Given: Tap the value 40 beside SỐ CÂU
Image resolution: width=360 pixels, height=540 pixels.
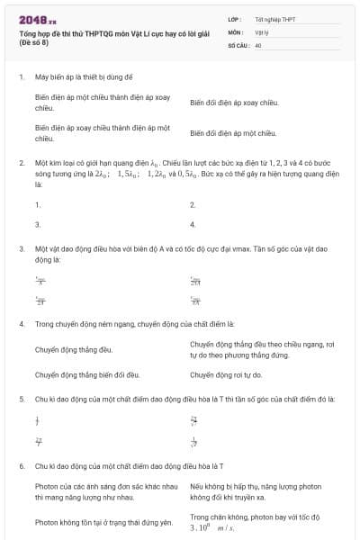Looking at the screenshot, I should click(258, 43).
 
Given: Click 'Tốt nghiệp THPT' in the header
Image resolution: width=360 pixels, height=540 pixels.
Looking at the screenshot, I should click(274, 18).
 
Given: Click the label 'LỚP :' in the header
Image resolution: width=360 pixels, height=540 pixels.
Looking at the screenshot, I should click(236, 18).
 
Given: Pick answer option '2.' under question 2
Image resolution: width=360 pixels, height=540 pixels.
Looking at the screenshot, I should click(193, 204).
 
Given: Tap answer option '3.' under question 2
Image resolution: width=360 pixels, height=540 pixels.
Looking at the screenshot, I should click(38, 223).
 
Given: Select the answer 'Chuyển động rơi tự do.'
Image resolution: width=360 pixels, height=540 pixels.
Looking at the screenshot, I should click(226, 374).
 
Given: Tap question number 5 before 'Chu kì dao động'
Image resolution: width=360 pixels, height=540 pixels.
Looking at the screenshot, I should click(20, 397).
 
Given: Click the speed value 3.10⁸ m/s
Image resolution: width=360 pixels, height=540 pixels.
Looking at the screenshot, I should click(211, 528).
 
